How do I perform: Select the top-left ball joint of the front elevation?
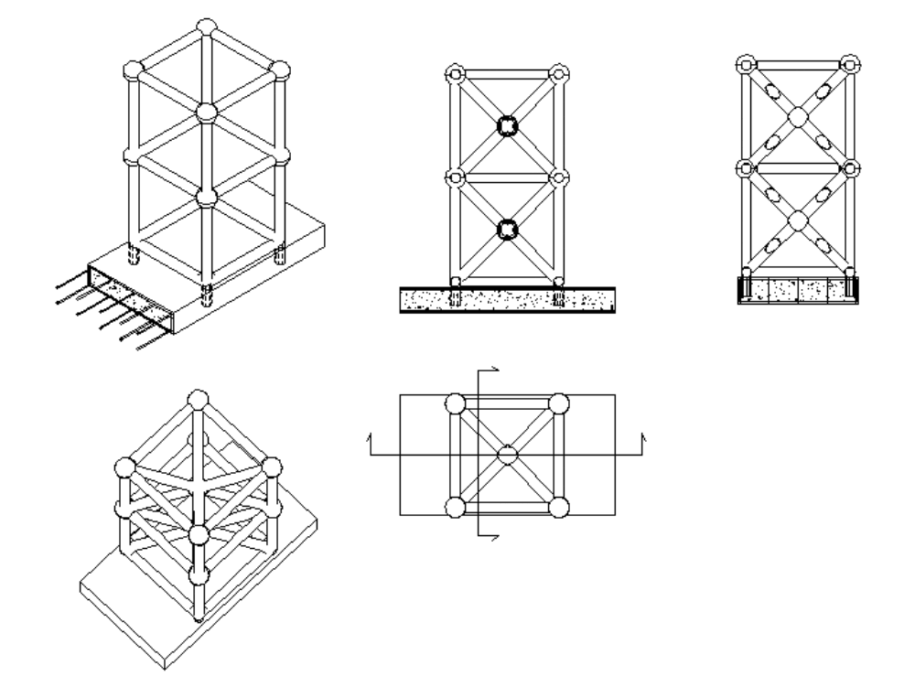pyautogui.click(x=455, y=74)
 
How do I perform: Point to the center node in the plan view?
pyautogui.click(x=508, y=454)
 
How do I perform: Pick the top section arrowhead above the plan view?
pyautogui.click(x=495, y=370)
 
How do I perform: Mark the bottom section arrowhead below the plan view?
pyautogui.click(x=495, y=538)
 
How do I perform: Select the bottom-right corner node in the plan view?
pyautogui.click(x=560, y=507)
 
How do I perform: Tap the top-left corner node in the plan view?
pyautogui.click(x=455, y=403)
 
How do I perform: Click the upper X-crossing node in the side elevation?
pyautogui.click(x=798, y=116)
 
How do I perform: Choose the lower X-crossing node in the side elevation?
pyautogui.click(x=798, y=220)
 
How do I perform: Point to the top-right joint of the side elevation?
pyautogui.click(x=851, y=64)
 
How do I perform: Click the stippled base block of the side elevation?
pyautogui.click(x=798, y=290)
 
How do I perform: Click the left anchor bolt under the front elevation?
pyautogui.click(x=455, y=297)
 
